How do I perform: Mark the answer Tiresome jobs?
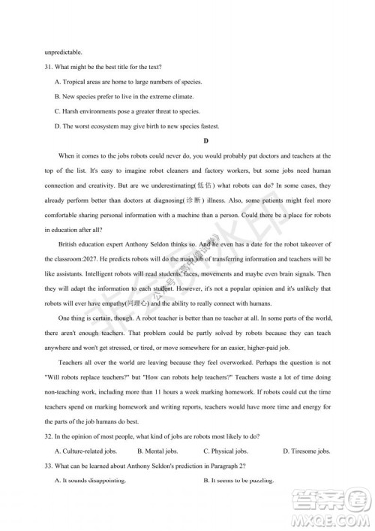pos(306,451)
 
